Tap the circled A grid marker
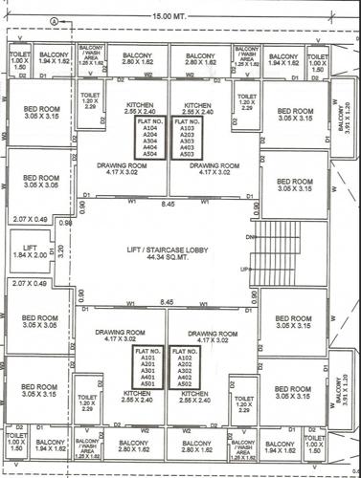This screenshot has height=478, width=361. (x=58, y=19)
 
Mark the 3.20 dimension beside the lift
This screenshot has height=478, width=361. (x=60, y=252)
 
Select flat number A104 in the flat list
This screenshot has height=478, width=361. (x=147, y=127)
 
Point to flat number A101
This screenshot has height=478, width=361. (x=147, y=356)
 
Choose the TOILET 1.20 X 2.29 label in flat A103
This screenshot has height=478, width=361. (x=245, y=100)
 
